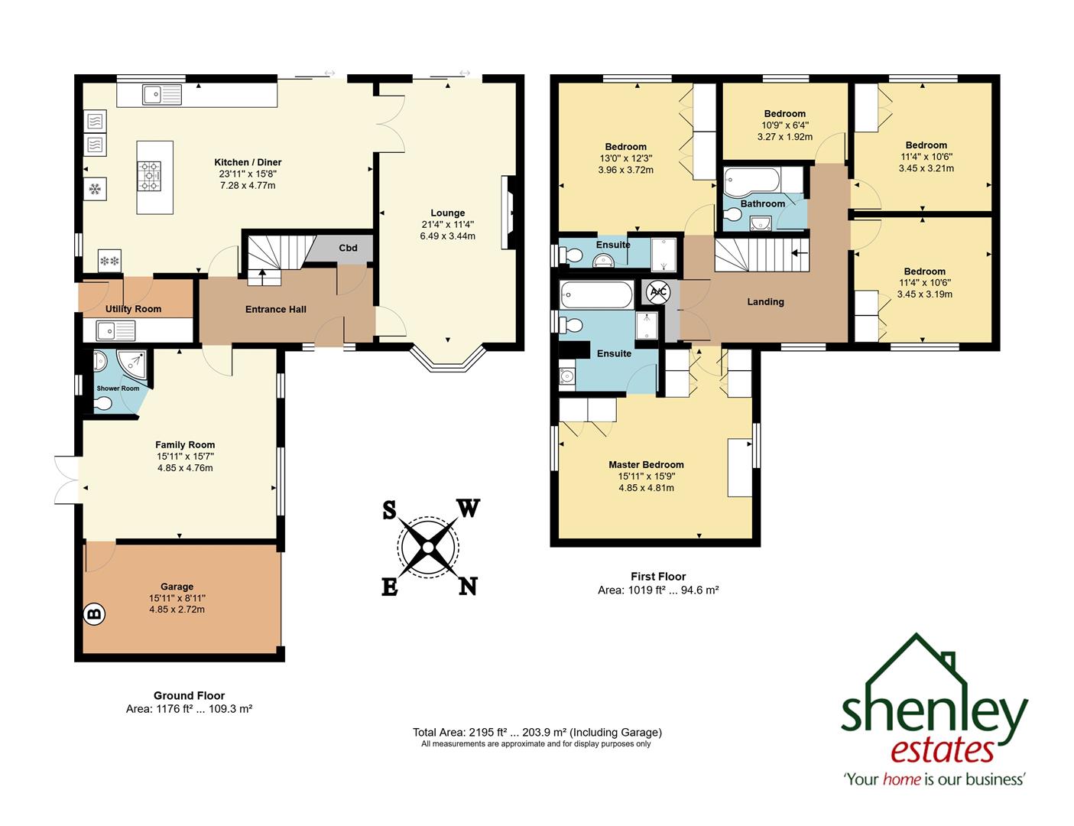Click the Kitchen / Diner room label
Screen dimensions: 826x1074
[248, 162]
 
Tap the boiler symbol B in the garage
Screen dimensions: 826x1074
[94, 613]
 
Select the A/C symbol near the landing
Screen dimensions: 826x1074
[659, 291]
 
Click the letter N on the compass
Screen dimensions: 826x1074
[468, 586]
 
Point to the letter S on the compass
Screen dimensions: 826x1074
[389, 510]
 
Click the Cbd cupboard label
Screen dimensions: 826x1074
[348, 248]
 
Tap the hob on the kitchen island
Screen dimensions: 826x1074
[149, 176]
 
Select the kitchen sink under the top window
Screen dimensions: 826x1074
[161, 95]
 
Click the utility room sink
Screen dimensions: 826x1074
[115, 330]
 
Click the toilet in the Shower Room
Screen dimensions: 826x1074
[103, 403]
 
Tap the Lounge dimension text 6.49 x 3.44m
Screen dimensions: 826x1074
[447, 236]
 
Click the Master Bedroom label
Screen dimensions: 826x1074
[646, 464]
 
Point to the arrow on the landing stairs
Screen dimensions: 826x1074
[799, 252]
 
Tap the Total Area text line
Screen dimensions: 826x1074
[537, 732]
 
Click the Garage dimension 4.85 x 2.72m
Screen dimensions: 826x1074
[177, 610]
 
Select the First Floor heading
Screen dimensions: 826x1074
[658, 577]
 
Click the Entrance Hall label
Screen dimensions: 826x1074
[275, 309]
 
